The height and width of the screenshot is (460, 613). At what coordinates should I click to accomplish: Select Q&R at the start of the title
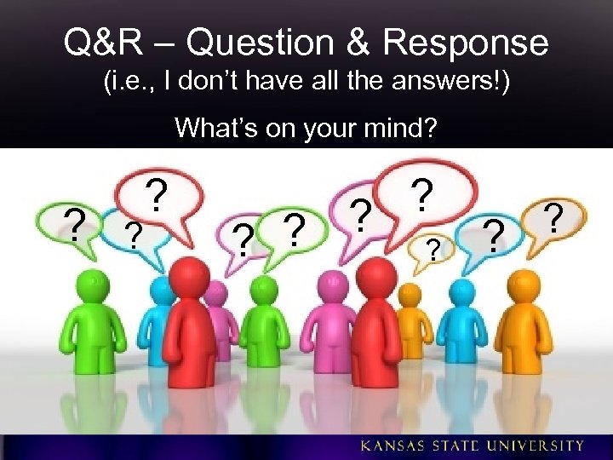pyautogui.click(x=99, y=42)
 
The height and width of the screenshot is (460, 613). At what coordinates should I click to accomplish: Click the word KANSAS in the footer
pyautogui.click(x=395, y=446)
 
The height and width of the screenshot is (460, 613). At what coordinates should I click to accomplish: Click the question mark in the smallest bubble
pyautogui.click(x=433, y=250)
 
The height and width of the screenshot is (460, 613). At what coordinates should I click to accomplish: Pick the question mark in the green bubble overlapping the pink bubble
pyautogui.click(x=244, y=239)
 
